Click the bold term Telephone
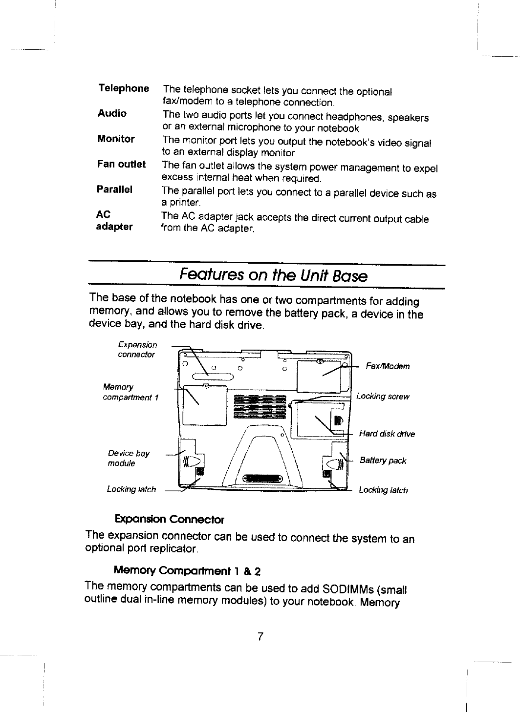pos(123,88)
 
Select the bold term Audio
pos(112,113)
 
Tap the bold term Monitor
pos(116,139)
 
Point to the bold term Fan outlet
pos(121,164)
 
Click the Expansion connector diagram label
pos(137,350)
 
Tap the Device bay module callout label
pos(129,458)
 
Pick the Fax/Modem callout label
pos(388,367)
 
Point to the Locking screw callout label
pos(383,397)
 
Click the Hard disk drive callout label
pos(387,434)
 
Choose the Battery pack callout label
pos(383,461)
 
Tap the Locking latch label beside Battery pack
pos(383,490)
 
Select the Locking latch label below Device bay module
pos(131,489)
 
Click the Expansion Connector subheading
pos(169,518)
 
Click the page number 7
pos(260,636)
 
